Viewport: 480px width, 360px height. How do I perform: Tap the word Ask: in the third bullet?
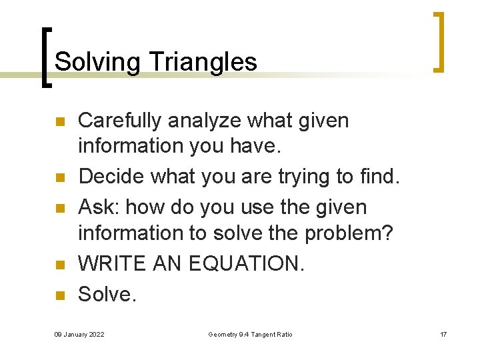click(x=99, y=207)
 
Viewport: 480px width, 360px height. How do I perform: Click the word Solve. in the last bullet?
click(x=107, y=293)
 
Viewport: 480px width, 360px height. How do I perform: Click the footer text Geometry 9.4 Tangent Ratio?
click(x=250, y=334)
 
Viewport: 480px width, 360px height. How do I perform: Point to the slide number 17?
click(x=443, y=334)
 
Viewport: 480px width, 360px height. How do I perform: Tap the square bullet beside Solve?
click(x=59, y=295)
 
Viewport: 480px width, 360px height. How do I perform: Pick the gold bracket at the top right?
click(x=439, y=41)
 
